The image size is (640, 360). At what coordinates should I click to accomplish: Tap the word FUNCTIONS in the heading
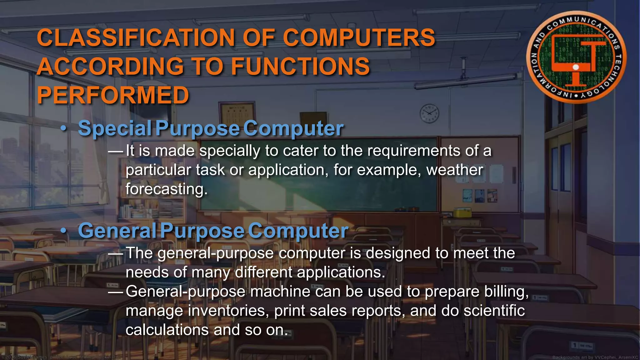300,66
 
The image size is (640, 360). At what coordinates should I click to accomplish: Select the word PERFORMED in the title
113,95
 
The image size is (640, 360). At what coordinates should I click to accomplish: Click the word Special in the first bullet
115,128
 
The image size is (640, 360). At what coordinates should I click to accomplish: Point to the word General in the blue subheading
117,231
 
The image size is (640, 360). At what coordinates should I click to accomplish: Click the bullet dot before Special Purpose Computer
64,128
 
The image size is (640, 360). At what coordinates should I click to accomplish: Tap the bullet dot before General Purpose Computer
64,231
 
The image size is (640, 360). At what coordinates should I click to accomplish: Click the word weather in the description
455,170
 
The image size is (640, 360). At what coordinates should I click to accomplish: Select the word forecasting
166,189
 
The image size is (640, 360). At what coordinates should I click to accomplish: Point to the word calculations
167,330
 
